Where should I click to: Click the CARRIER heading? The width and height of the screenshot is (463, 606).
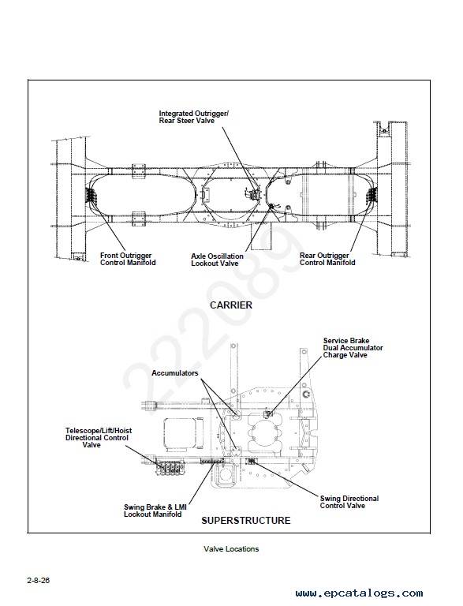click(231, 305)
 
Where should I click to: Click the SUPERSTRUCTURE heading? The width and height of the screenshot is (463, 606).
click(246, 520)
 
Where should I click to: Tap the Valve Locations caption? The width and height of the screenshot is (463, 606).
click(231, 549)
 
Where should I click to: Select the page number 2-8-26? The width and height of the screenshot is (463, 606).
click(39, 580)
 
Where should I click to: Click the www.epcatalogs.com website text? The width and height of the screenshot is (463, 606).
click(359, 593)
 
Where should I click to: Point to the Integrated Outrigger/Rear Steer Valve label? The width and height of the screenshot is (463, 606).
click(193, 117)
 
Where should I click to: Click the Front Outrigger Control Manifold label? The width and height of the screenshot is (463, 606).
click(128, 259)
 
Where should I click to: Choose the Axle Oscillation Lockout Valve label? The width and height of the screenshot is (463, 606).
click(217, 260)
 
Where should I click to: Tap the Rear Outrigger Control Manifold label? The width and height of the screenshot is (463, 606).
click(327, 259)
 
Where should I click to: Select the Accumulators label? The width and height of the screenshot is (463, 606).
click(174, 373)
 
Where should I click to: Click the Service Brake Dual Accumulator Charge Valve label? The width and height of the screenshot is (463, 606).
click(353, 348)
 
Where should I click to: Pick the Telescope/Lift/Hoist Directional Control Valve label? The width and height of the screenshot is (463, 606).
click(98, 437)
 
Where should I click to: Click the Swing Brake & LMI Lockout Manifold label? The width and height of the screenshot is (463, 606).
click(155, 511)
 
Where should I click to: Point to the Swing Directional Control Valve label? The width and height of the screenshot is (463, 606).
click(349, 502)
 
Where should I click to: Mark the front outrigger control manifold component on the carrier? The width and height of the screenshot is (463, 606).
click(91, 195)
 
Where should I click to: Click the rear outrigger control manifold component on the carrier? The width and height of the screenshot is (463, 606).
click(372, 195)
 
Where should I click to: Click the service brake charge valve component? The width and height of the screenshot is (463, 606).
click(269, 414)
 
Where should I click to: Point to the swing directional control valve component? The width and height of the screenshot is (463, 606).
click(251, 460)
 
